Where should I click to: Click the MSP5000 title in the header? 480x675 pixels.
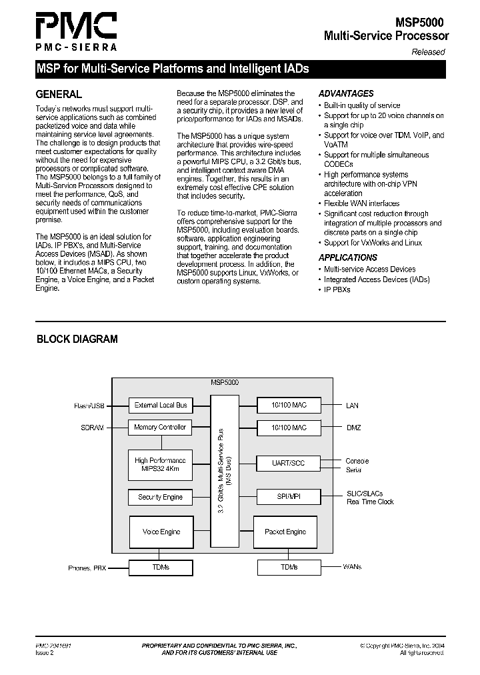coord(417,23)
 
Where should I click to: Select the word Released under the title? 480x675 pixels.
coord(427,52)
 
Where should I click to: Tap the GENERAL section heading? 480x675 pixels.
coord(59,94)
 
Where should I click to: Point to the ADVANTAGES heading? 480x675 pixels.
coord(346,94)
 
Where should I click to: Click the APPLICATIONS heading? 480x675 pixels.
coord(348,257)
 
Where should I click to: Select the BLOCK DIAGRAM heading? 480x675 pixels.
coord(77,339)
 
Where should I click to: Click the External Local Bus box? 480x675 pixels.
coord(161,405)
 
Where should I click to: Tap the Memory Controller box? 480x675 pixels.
coord(161,427)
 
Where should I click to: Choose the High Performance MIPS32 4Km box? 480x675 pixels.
coord(161,465)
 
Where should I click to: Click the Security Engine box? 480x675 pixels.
coord(161,497)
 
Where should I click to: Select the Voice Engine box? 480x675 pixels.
coord(161,532)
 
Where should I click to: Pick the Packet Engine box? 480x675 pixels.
coord(285,532)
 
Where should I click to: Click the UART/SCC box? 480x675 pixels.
coord(289,463)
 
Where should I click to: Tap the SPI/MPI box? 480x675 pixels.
coord(289,497)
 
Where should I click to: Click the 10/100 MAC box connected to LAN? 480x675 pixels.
coord(289,405)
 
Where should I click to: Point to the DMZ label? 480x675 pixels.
coord(353,428)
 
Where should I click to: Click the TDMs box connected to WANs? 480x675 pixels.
coord(289,567)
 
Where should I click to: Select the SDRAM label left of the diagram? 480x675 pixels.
coord(92,428)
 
